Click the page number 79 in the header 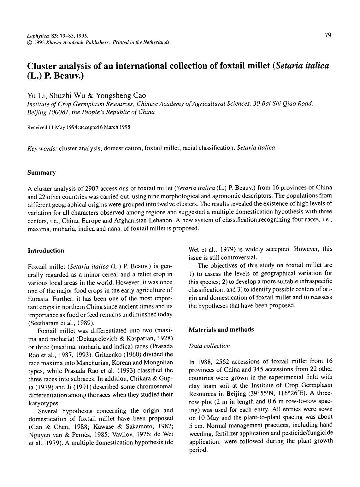click(328, 35)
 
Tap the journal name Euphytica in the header click(36, 36)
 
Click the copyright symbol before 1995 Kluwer click(30, 42)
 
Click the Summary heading click(41, 172)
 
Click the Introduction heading click(46, 251)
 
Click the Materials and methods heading click(221, 329)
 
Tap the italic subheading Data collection click(209, 346)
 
